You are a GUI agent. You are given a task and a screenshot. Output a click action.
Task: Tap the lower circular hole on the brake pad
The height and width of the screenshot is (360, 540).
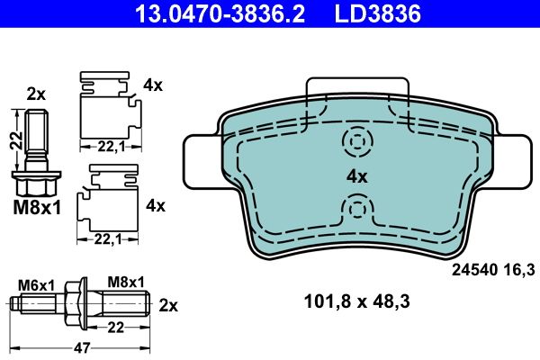point(358,210)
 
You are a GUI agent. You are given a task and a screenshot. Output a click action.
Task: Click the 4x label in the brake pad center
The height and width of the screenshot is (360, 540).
point(358,176)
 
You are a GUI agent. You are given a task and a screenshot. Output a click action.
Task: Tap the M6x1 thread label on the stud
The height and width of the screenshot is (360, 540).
point(38,284)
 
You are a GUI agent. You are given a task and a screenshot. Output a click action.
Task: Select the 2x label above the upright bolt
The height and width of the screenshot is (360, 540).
point(36,93)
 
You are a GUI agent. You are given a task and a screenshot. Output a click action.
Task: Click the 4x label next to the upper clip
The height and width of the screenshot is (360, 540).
point(153,86)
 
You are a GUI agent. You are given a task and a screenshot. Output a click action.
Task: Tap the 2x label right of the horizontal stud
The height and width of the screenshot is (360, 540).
point(167,303)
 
